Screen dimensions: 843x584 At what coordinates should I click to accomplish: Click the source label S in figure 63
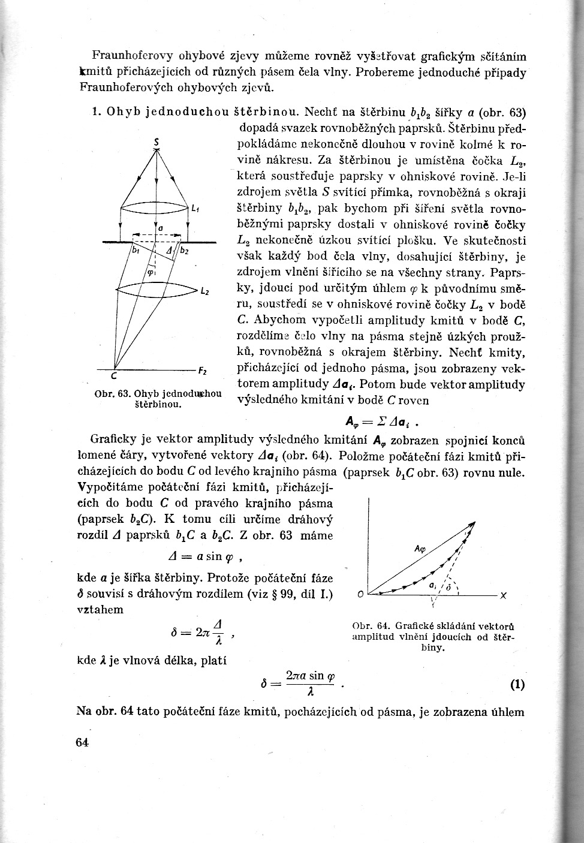pyautogui.click(x=156, y=141)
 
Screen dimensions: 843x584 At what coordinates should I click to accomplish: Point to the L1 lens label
pyautogui.click(x=195, y=209)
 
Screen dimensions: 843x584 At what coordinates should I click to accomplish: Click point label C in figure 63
pyautogui.click(x=113, y=378)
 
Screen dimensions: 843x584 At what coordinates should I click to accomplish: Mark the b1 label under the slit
pyautogui.click(x=136, y=249)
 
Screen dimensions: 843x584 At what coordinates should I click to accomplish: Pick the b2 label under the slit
pyautogui.click(x=184, y=251)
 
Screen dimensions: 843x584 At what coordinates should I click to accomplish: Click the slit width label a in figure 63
pyautogui.click(x=161, y=228)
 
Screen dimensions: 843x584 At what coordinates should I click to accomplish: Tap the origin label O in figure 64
pyautogui.click(x=360, y=595)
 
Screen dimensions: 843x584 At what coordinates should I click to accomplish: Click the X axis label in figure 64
pyautogui.click(x=504, y=595)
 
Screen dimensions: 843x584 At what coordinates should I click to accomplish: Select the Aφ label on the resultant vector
pyautogui.click(x=420, y=549)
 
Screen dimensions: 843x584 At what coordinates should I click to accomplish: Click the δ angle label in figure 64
pyautogui.click(x=448, y=588)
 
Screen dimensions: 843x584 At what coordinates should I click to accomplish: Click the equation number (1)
pyautogui.click(x=517, y=685)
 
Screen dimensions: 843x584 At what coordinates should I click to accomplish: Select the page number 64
pyautogui.click(x=83, y=742)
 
